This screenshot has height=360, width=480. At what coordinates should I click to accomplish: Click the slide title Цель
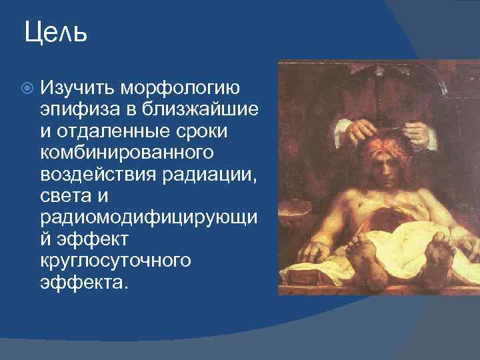pos(55,32)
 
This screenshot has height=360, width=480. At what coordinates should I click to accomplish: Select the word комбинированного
pos(127,153)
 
